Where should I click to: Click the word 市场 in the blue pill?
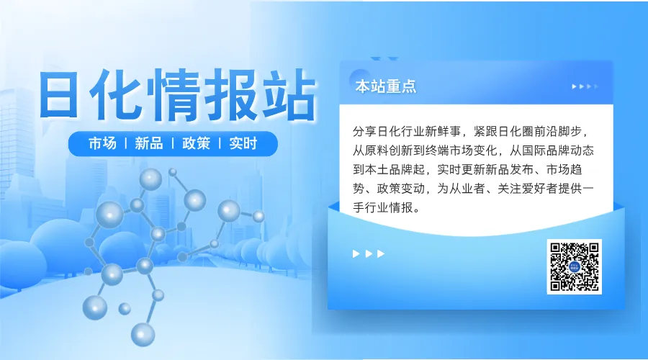[102, 143]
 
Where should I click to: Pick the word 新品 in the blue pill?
[148, 143]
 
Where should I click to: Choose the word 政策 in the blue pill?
[196, 143]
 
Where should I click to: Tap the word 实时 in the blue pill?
[243, 143]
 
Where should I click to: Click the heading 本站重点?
[386, 86]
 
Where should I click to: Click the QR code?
[574, 266]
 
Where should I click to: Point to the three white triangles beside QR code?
[369, 253]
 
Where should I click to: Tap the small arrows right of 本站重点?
[585, 86]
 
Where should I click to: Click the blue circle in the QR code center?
[574, 267]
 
